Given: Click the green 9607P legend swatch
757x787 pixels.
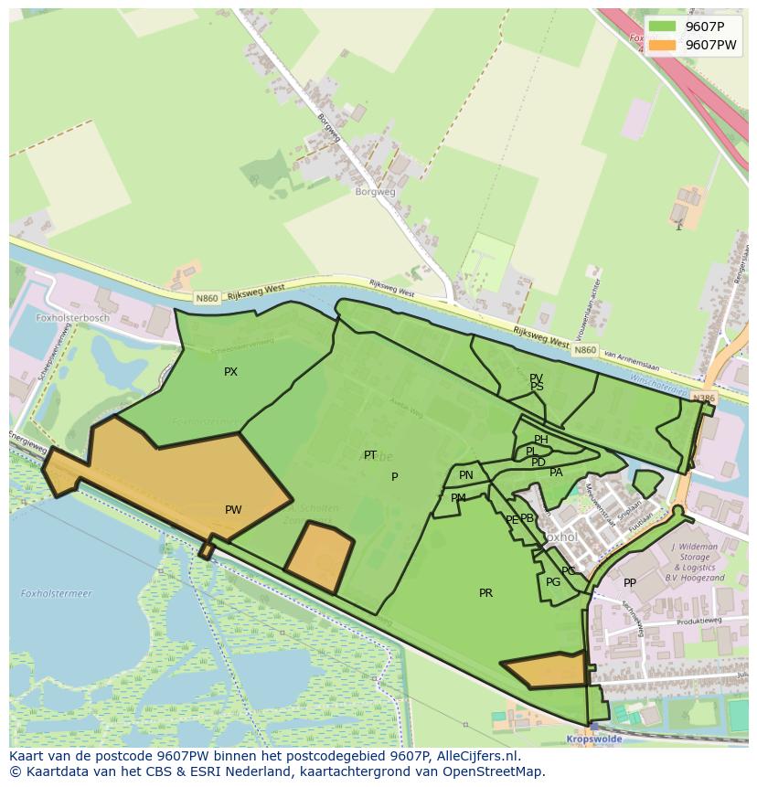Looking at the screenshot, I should click(x=663, y=27).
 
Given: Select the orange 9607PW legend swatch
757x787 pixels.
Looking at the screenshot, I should click(x=663, y=45).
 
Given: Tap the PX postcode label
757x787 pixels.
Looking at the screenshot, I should click(x=230, y=372).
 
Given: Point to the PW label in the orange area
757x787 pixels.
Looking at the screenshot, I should click(x=233, y=510).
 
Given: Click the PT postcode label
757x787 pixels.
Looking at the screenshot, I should click(x=370, y=455).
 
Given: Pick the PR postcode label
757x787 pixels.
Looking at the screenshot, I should click(x=485, y=593).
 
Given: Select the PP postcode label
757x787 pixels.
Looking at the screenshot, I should click(x=630, y=583).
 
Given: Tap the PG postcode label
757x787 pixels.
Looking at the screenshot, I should click(x=553, y=582).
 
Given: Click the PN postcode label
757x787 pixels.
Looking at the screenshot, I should click(x=466, y=475).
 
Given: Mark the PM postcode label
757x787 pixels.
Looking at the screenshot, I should click(x=458, y=498).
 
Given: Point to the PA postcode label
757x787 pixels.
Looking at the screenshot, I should click(x=556, y=473).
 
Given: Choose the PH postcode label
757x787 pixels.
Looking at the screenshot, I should click(x=541, y=441).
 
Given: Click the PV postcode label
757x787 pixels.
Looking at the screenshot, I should click(x=536, y=378).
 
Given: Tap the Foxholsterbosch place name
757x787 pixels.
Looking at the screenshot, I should click(x=72, y=318).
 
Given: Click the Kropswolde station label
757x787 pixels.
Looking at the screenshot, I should click(x=594, y=739).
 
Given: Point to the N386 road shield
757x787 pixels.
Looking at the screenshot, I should click(x=703, y=399).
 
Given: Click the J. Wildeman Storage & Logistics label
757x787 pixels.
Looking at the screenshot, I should click(x=697, y=562).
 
